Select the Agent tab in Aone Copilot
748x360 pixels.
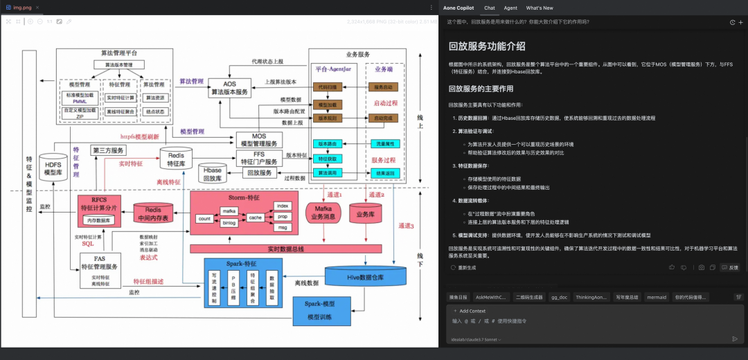pyautogui.click(x=510, y=8)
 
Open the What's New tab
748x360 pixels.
pyautogui.click(x=540, y=8)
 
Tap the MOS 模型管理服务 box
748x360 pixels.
pyautogui.click(x=258, y=139)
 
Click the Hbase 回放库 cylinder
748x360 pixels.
pyautogui.click(x=212, y=174)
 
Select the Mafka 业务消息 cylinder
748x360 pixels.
pyautogui.click(x=322, y=212)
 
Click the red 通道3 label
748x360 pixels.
pyautogui.click(x=406, y=226)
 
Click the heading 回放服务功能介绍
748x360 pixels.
pyautogui.click(x=486, y=46)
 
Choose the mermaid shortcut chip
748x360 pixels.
pyautogui.click(x=656, y=297)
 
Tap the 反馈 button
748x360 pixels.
pyautogui.click(x=729, y=267)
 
